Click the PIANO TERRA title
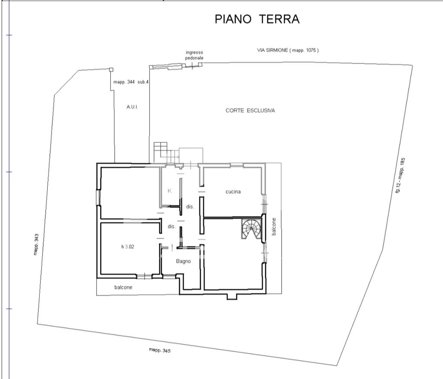click(x=257, y=19)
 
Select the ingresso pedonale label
click(x=194, y=55)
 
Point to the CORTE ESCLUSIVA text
click(x=250, y=111)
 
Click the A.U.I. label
click(x=132, y=107)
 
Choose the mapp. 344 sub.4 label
click(x=131, y=82)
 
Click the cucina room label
click(x=233, y=192)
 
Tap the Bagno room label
click(x=183, y=261)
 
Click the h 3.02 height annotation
click(x=128, y=247)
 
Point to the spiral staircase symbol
click(x=251, y=228)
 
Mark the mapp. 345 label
click(x=159, y=351)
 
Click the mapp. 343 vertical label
click(x=37, y=244)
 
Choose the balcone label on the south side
click(x=123, y=287)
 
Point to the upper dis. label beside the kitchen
click(x=190, y=207)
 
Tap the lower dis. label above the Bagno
click(x=172, y=227)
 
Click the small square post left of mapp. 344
click(x=111, y=69)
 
